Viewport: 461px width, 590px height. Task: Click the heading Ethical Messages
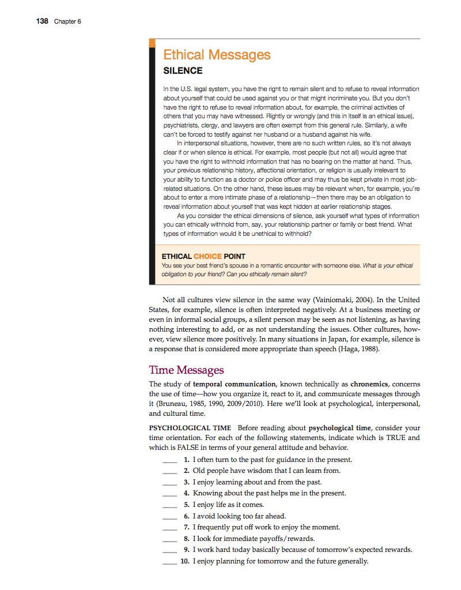point(217,55)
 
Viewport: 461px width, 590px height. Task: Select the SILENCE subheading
point(183,71)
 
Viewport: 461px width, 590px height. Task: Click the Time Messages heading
point(186,370)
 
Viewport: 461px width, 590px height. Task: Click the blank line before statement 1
point(169,460)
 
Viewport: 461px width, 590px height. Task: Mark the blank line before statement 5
point(169,505)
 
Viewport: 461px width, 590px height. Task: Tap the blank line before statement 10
point(169,562)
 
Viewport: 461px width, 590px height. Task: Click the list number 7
point(186,527)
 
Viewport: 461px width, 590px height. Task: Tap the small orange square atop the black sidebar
point(152,43)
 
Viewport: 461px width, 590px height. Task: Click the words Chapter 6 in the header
point(67,22)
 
